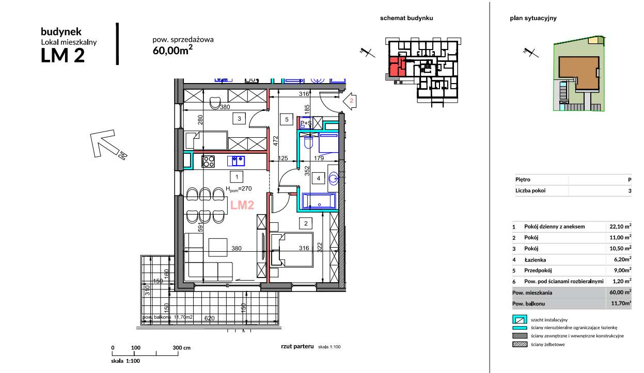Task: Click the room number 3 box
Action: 239,119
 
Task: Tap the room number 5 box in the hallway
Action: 287,120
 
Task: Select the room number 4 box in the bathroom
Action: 318,179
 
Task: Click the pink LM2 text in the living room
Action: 242,205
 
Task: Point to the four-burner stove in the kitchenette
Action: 208,161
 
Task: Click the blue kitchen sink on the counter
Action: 236,161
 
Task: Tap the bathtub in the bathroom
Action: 319,201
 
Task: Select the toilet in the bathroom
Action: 308,142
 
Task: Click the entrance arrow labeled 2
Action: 350,101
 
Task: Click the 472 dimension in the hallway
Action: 275,141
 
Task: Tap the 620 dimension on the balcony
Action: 209,318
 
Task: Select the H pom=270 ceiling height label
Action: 239,189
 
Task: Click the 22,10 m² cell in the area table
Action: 620,226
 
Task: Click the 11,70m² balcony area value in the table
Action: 621,303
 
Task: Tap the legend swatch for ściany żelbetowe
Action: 520,344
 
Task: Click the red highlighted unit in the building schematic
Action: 396,67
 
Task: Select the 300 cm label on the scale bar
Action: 181,348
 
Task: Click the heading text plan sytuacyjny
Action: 533,18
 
